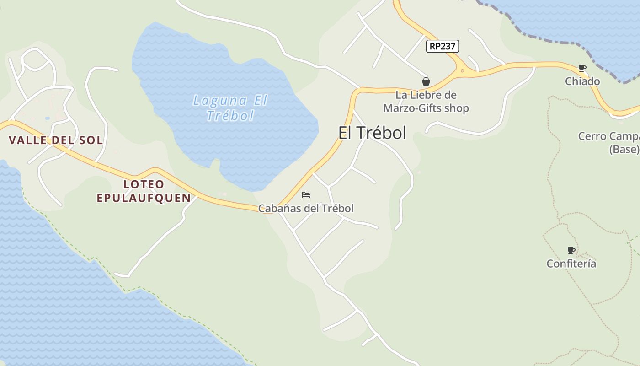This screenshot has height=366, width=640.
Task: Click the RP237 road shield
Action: (442, 46)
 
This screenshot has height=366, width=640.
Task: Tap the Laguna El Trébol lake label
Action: (230, 108)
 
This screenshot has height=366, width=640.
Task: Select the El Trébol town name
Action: (372, 133)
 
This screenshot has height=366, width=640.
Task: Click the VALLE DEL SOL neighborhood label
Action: (56, 140)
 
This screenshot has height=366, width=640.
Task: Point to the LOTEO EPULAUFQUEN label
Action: (144, 191)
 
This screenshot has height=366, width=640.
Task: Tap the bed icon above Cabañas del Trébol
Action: (306, 195)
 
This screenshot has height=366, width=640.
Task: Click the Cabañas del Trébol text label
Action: (306, 209)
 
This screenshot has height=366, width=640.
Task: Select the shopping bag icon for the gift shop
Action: (426, 81)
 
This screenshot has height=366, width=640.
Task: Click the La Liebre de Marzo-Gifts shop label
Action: (426, 102)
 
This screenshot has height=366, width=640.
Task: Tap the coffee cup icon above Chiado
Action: (582, 68)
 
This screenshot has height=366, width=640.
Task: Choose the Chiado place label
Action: (582, 81)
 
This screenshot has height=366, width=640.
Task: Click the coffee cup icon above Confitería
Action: (571, 250)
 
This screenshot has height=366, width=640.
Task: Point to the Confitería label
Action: (571, 264)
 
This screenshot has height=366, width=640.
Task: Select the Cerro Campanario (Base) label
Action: (610, 143)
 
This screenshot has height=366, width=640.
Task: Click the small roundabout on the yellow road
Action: (462, 71)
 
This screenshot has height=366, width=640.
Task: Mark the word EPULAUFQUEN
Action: (144, 198)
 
